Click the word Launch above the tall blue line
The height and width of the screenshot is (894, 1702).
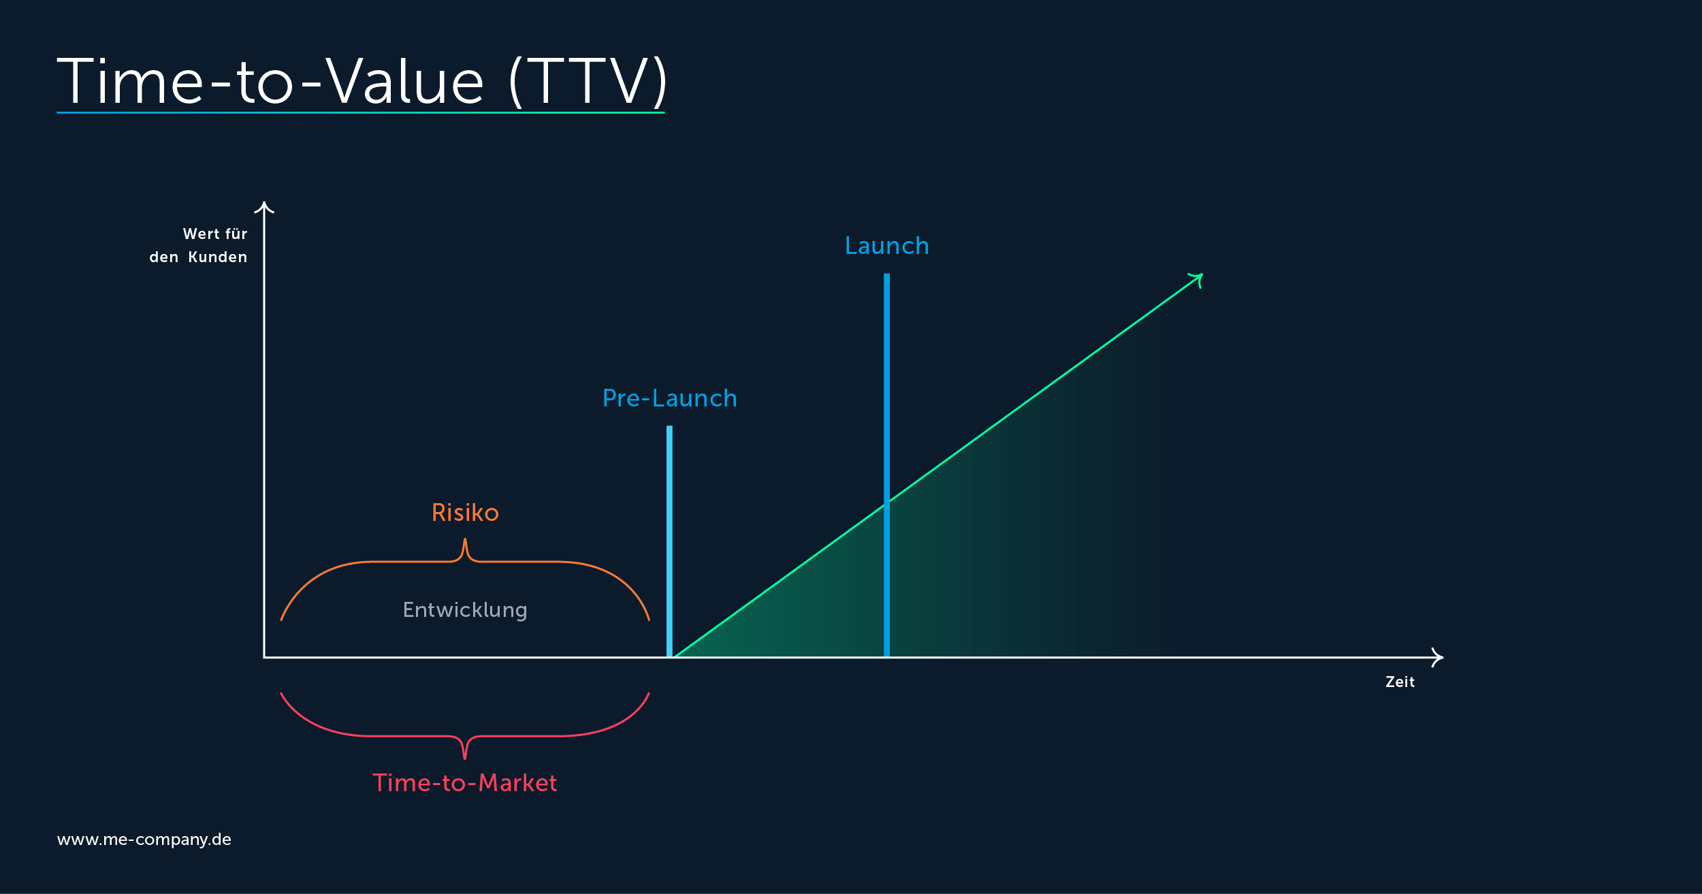886,246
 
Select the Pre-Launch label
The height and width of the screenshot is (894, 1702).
670,398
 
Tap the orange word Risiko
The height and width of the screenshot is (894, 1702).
465,513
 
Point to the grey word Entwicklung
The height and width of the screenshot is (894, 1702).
465,610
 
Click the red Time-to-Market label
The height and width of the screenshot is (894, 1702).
465,783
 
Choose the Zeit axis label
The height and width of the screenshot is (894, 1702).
1400,682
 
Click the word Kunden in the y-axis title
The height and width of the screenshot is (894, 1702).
218,257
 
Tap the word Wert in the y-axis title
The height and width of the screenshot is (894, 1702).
202,234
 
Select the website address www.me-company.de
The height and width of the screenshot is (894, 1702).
144,840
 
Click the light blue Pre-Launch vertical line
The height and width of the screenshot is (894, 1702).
669,542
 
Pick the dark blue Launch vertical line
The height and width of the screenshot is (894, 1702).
886,466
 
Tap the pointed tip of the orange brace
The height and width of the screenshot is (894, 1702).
465,539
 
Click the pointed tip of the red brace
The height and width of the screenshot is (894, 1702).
465,759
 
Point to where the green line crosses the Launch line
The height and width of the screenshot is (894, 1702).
886,503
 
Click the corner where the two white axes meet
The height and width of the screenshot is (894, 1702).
264,658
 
